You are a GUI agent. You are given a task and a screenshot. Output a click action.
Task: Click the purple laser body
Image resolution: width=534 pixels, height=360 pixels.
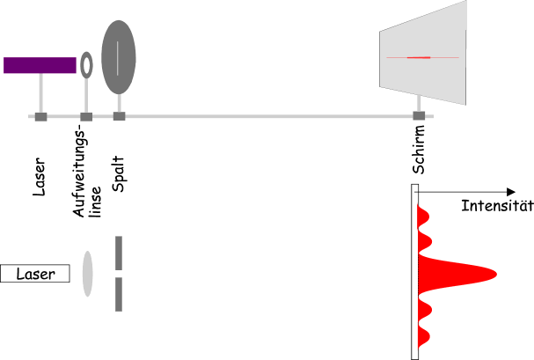pos(40,65)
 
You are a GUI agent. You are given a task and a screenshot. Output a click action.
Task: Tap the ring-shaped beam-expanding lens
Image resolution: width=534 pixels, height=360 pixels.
pos(86,65)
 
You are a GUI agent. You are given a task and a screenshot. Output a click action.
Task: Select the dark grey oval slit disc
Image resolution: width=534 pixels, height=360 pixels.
pos(119,57)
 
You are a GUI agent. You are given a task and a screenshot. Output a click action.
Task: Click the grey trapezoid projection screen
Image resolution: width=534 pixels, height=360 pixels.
pos(423,53)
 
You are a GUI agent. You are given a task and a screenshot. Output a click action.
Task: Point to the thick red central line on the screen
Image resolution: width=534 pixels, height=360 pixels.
pos(419,57)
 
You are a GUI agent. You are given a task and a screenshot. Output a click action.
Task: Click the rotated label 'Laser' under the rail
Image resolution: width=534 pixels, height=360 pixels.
pos(40,176)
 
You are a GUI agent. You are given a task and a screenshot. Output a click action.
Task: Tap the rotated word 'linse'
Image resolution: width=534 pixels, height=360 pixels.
pos(95,202)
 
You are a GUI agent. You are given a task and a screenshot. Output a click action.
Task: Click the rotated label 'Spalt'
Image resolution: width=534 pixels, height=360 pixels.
pos(118,173)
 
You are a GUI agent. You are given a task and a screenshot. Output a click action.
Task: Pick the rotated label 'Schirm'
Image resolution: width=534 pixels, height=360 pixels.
pos(419,150)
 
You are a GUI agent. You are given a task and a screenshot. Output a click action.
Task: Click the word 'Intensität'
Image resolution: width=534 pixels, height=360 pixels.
pos(497,206)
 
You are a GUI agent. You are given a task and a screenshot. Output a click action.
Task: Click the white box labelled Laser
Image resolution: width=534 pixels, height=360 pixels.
pos(35,274)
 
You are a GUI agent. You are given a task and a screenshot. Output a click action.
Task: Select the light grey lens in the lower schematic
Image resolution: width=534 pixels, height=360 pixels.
pos(87,274)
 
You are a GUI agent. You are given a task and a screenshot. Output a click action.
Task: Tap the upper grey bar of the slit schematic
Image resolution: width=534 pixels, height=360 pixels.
pos(119,253)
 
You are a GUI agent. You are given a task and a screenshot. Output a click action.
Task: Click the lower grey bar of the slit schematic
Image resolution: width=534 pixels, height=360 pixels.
pos(119,294)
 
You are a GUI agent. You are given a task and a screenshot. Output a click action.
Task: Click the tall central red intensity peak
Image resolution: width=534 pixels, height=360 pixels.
pos(457,274)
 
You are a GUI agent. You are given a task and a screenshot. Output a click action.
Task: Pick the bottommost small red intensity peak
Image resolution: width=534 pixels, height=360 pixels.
pos(424,336)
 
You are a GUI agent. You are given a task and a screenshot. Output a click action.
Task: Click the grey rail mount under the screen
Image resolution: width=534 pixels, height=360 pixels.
pos(419,116)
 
